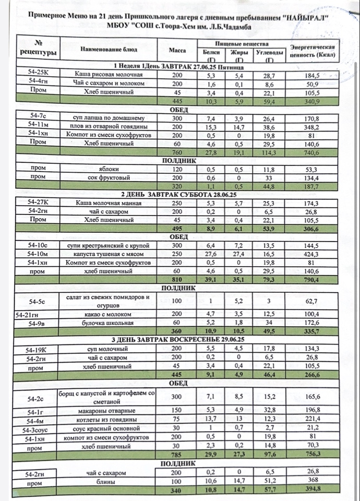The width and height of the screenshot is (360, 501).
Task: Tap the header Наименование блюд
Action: click(109, 50)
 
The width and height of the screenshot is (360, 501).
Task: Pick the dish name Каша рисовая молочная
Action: click(109, 75)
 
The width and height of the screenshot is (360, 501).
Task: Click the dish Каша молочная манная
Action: click(109, 203)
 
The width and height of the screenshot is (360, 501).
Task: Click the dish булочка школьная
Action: click(109, 324)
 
